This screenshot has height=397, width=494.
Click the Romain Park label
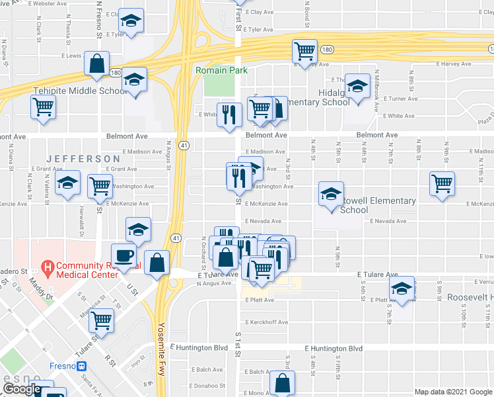[215, 69]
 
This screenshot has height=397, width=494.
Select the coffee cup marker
[124, 255]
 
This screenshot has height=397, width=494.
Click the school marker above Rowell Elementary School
[332, 193]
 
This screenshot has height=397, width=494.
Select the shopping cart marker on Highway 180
[304, 51]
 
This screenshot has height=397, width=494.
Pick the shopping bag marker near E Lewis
[96, 64]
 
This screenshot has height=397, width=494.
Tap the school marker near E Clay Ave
[133, 22]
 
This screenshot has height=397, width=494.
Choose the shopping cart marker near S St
[102, 320]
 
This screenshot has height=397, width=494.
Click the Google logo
[22, 390]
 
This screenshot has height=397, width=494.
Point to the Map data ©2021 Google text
[453, 392]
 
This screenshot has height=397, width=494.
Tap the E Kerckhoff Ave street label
[266, 322]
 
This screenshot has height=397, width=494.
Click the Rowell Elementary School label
[378, 205]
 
